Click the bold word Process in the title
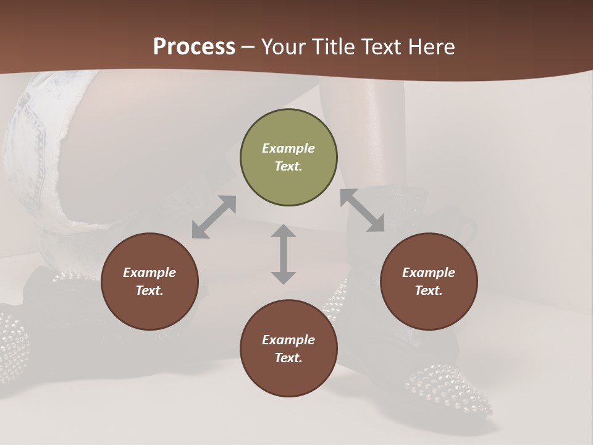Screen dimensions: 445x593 click(194, 47)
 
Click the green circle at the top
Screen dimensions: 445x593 click(288, 158)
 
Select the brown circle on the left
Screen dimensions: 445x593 click(149, 281)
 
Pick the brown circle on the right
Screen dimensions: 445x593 click(429, 281)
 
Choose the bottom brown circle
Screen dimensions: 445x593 click(288, 349)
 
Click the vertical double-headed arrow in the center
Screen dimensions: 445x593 click(284, 254)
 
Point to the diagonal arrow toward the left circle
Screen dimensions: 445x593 click(214, 217)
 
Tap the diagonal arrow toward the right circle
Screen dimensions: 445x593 click(363, 210)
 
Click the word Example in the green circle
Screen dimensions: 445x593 click(288, 148)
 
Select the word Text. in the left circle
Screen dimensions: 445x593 click(149, 290)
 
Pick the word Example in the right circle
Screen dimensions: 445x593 click(429, 273)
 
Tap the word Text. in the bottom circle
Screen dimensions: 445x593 click(288, 358)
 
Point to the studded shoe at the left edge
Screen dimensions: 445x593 click(12, 340)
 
